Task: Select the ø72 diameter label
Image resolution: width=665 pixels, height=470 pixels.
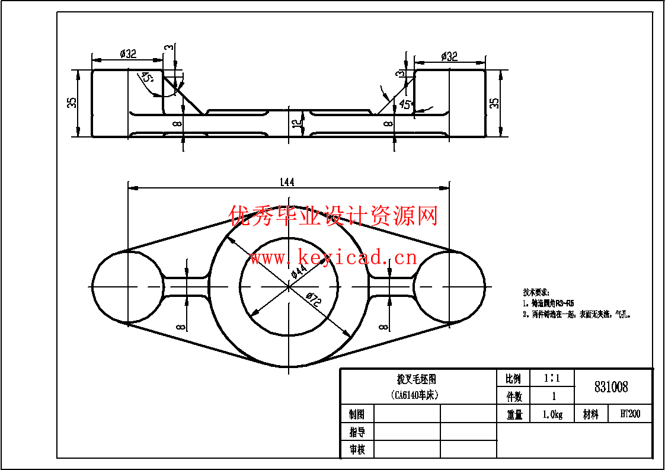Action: click(x=313, y=299)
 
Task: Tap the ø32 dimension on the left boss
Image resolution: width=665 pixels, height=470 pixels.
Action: click(x=128, y=54)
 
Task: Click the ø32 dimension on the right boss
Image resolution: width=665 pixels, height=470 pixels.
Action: click(x=449, y=56)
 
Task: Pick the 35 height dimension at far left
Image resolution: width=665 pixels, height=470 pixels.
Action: click(x=72, y=103)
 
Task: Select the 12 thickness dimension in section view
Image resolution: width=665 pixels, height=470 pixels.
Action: click(x=295, y=124)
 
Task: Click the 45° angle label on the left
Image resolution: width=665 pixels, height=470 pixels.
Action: click(x=146, y=78)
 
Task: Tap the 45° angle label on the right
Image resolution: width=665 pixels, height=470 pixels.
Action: click(x=405, y=105)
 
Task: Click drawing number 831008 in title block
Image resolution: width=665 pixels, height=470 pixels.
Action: click(x=611, y=387)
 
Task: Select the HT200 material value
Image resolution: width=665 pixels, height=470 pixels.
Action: click(x=630, y=414)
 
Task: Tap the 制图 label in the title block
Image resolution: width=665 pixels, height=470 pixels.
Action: click(x=357, y=414)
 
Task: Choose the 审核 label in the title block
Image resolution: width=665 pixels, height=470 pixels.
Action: click(x=357, y=449)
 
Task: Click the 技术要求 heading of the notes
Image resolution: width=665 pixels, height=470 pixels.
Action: click(x=536, y=292)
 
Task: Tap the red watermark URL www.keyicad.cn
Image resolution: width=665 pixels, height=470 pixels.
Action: click(x=333, y=258)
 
